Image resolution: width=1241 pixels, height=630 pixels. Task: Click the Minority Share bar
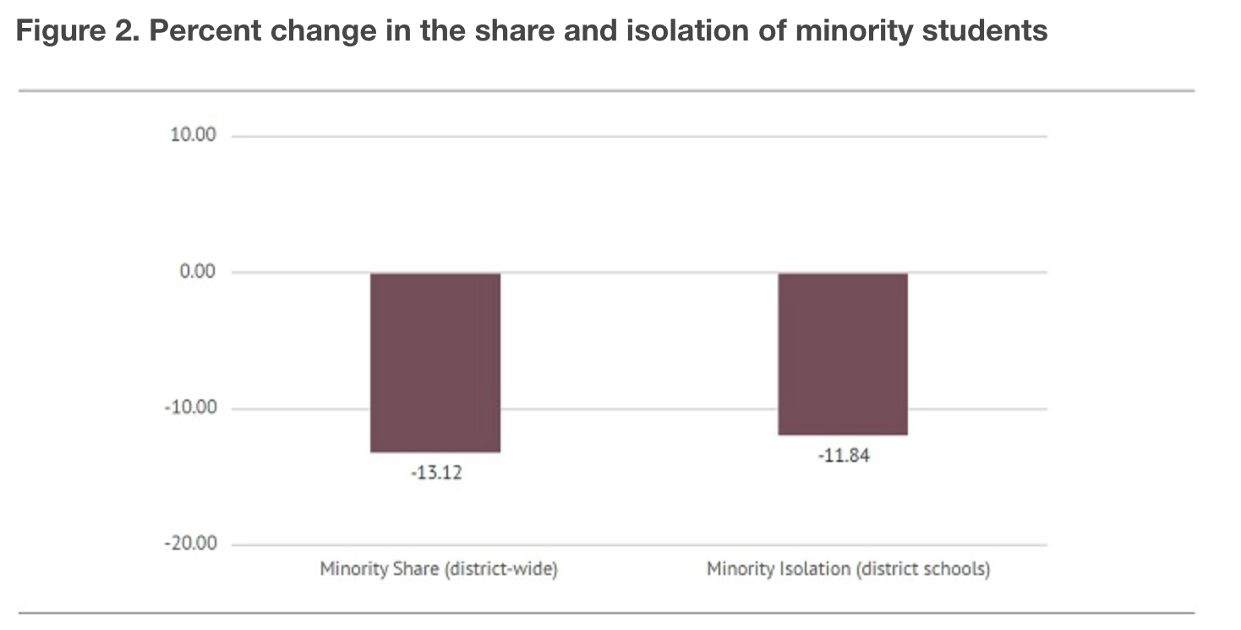435,362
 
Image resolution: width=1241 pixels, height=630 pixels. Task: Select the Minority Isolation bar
843,354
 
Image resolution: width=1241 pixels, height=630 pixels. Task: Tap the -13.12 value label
436,473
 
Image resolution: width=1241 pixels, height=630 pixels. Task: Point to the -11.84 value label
843,456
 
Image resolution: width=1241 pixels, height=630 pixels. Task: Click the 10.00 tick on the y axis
194,135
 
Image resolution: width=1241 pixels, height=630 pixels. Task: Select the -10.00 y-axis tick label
191,408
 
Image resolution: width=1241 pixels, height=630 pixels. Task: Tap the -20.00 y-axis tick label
191,544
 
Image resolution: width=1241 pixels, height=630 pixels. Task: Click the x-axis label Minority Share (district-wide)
438,569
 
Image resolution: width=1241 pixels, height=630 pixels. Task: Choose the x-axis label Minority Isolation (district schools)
848,569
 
